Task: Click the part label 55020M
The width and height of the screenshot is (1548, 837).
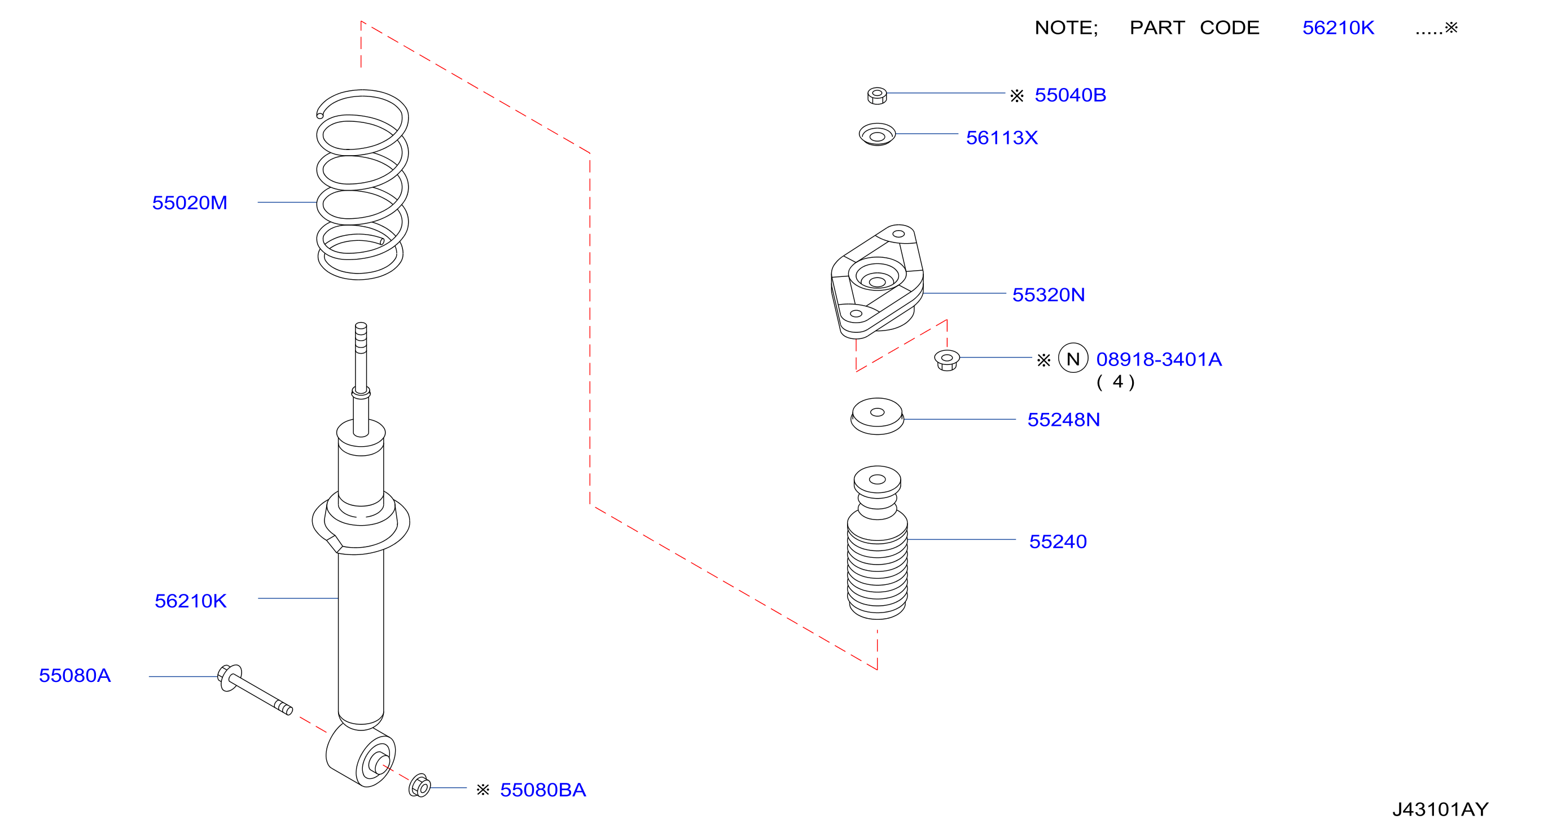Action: click(189, 203)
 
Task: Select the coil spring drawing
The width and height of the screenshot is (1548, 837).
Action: click(362, 185)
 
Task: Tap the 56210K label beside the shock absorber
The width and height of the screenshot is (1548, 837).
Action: click(191, 601)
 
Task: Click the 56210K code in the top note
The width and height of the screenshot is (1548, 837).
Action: click(1338, 28)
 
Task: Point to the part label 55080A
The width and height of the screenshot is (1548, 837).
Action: click(75, 676)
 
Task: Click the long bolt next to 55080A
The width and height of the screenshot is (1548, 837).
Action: click(255, 689)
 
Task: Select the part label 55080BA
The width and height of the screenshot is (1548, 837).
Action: click(543, 790)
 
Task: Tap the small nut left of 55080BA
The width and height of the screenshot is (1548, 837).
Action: click(420, 786)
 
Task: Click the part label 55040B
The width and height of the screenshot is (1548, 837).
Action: click(1070, 95)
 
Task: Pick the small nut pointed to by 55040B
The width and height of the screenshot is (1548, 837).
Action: click(878, 95)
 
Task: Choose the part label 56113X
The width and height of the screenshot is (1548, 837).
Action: click(1002, 138)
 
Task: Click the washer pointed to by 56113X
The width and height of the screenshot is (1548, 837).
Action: click(878, 134)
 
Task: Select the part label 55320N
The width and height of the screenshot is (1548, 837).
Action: click(1049, 295)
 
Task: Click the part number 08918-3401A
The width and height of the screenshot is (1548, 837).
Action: click(1159, 359)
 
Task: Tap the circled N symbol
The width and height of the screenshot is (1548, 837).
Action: click(1073, 359)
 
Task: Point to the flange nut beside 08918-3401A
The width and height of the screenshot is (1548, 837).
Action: click(947, 360)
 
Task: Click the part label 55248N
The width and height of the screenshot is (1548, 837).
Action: click(1064, 420)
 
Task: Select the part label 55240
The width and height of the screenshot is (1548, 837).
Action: click(1058, 541)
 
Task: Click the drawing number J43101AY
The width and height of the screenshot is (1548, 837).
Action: click(1440, 809)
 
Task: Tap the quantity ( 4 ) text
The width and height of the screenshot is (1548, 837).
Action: click(1116, 382)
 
